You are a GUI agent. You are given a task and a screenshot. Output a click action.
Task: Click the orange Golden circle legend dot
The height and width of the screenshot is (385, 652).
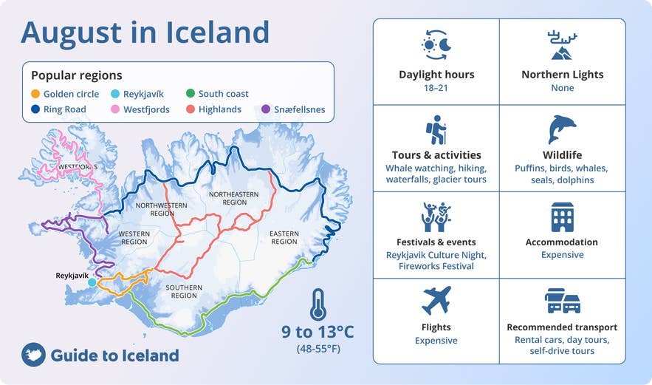[x=35, y=95]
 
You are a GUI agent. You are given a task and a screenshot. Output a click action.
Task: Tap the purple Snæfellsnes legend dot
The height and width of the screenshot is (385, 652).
[x=266, y=110]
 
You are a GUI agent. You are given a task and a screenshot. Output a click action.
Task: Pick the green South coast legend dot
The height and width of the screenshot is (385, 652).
[x=191, y=95]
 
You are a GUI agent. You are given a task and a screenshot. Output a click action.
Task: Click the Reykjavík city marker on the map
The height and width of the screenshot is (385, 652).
[x=92, y=282]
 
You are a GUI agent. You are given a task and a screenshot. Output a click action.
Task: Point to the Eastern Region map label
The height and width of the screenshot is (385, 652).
[x=284, y=237]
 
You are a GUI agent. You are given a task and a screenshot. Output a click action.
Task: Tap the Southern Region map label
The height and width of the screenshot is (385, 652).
[x=184, y=291]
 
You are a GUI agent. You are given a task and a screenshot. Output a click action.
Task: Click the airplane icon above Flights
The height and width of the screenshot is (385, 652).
[x=436, y=301]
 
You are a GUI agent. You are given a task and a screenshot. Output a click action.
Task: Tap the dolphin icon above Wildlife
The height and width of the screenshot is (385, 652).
[x=562, y=129]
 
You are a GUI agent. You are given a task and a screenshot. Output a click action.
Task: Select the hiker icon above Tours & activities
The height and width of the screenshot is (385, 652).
[x=436, y=130]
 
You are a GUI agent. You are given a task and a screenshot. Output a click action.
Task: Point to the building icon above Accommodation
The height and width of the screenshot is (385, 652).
[x=562, y=217]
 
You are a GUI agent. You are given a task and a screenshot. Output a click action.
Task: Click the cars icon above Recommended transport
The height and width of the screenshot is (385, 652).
[x=562, y=301]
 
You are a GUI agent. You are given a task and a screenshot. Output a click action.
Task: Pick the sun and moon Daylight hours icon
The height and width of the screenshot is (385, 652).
[x=436, y=45]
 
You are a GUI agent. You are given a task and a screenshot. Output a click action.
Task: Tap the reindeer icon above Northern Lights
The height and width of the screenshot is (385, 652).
[x=562, y=45]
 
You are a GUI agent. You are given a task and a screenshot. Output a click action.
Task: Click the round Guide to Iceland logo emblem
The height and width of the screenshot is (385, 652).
[x=34, y=355]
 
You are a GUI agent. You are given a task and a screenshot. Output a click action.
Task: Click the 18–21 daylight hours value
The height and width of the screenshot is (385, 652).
[x=436, y=88]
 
